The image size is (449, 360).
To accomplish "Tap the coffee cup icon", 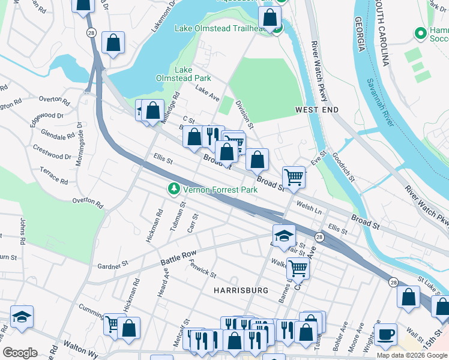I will coord(385,334).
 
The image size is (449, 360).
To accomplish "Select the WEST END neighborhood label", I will coord(317,110).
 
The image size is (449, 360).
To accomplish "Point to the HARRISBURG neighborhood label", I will coord(241,290).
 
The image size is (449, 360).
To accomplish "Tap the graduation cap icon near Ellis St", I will coord(284,235).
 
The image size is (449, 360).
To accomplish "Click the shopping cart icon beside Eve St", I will coord(294,176).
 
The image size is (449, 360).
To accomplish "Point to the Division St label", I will coord(245,114).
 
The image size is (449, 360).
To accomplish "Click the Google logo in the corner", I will coord(20,353).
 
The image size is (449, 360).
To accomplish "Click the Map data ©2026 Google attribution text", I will coord(412,355).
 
